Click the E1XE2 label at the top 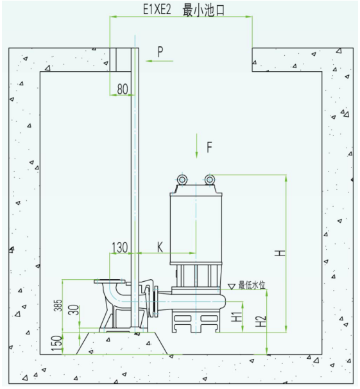coord(157,10)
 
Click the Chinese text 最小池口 coord(203,10)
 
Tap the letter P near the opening coord(160,51)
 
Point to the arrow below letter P coord(159,61)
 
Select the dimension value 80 coord(123,89)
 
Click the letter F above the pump coord(209,147)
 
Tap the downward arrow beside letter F coord(196,146)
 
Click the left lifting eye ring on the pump coord(182,179)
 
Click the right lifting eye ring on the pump coord(210,179)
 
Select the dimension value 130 coord(120,247)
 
